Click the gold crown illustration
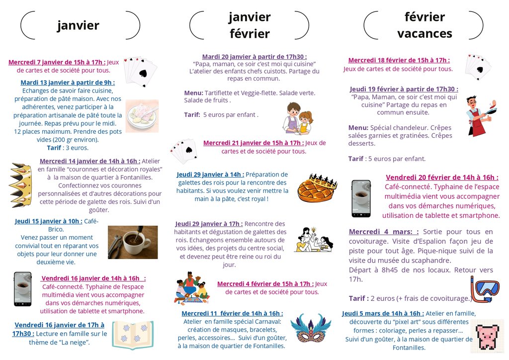(20, 185)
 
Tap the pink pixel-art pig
(487, 338)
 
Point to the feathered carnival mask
(311, 328)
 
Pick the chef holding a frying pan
(478, 116)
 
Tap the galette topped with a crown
(317, 187)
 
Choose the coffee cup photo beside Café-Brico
(133, 242)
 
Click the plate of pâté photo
(142, 116)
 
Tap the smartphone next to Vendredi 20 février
(361, 198)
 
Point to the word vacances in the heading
(424, 34)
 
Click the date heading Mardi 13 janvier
(68, 83)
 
